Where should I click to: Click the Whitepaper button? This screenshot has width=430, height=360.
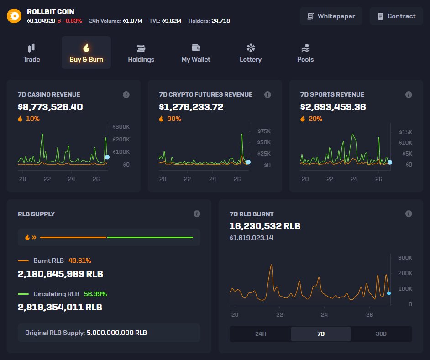pos(331,16)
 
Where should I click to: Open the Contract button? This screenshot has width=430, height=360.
pos(396,16)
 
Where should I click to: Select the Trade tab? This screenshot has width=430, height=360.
pos(31,52)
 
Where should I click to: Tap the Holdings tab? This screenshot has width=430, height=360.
pos(141,52)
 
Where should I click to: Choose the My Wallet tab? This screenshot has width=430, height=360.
pos(196,52)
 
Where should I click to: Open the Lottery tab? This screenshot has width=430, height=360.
pos(251,52)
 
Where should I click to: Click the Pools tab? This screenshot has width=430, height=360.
pos(305,52)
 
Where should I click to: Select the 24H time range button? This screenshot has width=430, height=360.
pos(260,334)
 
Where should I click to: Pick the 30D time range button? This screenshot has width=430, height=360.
pos(381,334)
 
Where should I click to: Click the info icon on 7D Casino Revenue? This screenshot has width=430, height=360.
pos(126,94)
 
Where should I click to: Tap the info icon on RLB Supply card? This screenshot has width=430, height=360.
pos(197,214)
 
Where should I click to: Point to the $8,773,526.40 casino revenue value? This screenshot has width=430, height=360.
pos(50,107)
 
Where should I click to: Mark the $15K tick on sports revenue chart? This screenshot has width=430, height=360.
pos(406,132)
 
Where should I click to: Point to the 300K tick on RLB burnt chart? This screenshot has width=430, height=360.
pos(405,258)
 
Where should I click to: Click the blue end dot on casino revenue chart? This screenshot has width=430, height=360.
pos(107,157)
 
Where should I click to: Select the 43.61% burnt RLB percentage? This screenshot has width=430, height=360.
pos(80,261)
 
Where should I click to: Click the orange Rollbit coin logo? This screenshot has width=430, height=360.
pos(14,16)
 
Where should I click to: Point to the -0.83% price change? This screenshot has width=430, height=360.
pos(73,21)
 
